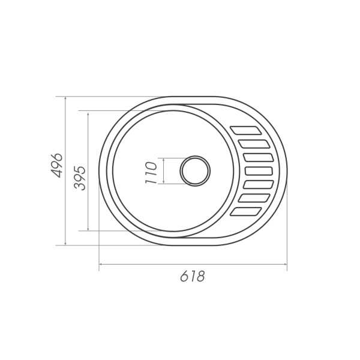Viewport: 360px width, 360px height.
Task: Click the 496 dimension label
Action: coord(57,166)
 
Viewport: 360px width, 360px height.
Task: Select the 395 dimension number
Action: coord(80,178)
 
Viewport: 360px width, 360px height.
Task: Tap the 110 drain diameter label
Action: coord(151,173)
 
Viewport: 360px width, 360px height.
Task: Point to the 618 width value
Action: coord(192,276)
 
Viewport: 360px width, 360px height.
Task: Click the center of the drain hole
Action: coord(195,171)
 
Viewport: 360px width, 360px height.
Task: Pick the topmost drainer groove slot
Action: coord(246,130)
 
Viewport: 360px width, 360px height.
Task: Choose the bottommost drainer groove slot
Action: coord(246,211)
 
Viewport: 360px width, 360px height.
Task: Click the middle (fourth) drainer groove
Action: coord(259,171)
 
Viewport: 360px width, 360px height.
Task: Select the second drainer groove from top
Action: coord(254,144)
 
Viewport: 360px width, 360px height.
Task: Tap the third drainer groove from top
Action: coord(259,157)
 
